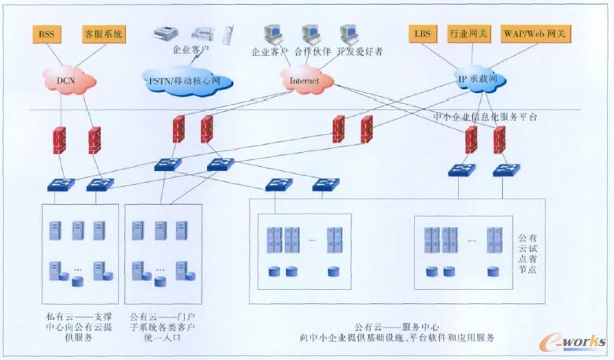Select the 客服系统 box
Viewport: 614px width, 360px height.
[x=103, y=34]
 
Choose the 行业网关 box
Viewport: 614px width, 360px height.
[x=469, y=34]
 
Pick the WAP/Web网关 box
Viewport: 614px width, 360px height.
[x=538, y=34]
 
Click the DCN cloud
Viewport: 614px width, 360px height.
[x=71, y=79]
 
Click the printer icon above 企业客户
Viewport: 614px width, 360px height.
[x=167, y=33]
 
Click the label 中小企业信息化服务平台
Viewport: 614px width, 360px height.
[x=484, y=117]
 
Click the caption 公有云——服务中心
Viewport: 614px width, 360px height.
[x=396, y=326]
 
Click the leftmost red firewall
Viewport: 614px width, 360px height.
[x=58, y=139]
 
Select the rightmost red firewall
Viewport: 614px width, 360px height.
[x=499, y=139]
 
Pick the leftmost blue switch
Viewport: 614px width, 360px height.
[x=60, y=184]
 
